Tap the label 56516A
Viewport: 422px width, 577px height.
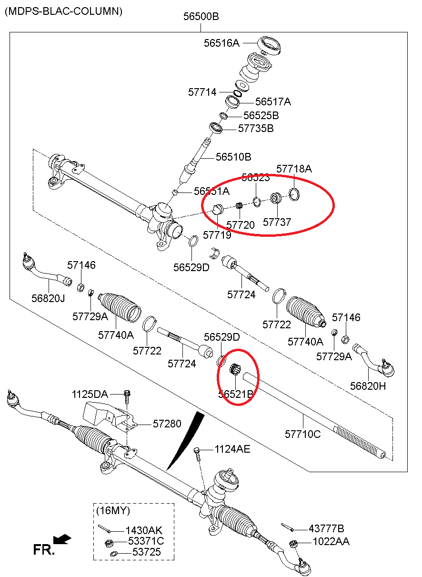click(221, 43)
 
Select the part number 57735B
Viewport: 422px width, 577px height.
click(256, 128)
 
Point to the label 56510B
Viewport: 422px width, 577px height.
click(233, 157)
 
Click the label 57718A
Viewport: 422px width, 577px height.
click(294, 169)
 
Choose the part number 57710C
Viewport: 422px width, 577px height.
click(302, 434)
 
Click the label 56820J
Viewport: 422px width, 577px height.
click(48, 298)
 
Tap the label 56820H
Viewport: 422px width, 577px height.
click(368, 386)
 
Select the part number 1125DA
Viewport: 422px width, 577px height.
click(90, 394)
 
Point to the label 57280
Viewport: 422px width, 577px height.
click(167, 424)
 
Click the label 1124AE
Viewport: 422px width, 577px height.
click(232, 449)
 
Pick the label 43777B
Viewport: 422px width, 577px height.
click(326, 528)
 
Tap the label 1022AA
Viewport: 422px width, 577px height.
click(331, 541)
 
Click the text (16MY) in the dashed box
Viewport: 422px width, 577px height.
click(113, 511)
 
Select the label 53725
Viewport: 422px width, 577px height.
click(146, 552)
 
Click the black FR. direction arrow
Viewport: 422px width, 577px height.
click(62, 539)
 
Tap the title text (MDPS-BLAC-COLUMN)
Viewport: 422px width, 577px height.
click(63, 10)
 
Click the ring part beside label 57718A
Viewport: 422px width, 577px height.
click(295, 193)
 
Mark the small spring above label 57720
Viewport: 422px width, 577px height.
click(241, 206)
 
